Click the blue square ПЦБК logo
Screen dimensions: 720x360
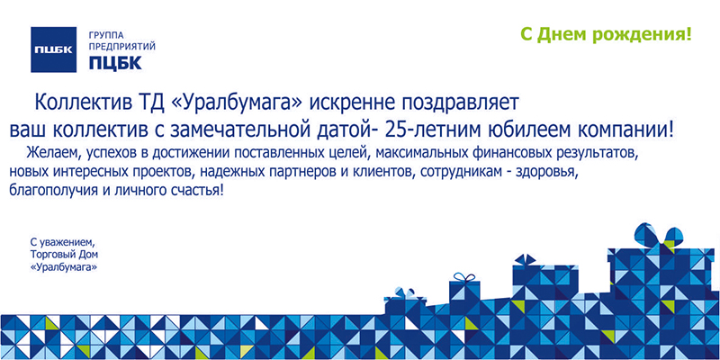coord(53,49)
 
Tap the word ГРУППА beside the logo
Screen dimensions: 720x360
coord(106,35)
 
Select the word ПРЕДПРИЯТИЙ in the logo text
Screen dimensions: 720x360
coord(122,47)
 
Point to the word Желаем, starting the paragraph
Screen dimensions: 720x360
coord(49,152)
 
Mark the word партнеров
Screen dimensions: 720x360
coord(283,172)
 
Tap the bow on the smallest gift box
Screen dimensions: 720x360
coord(405,293)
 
